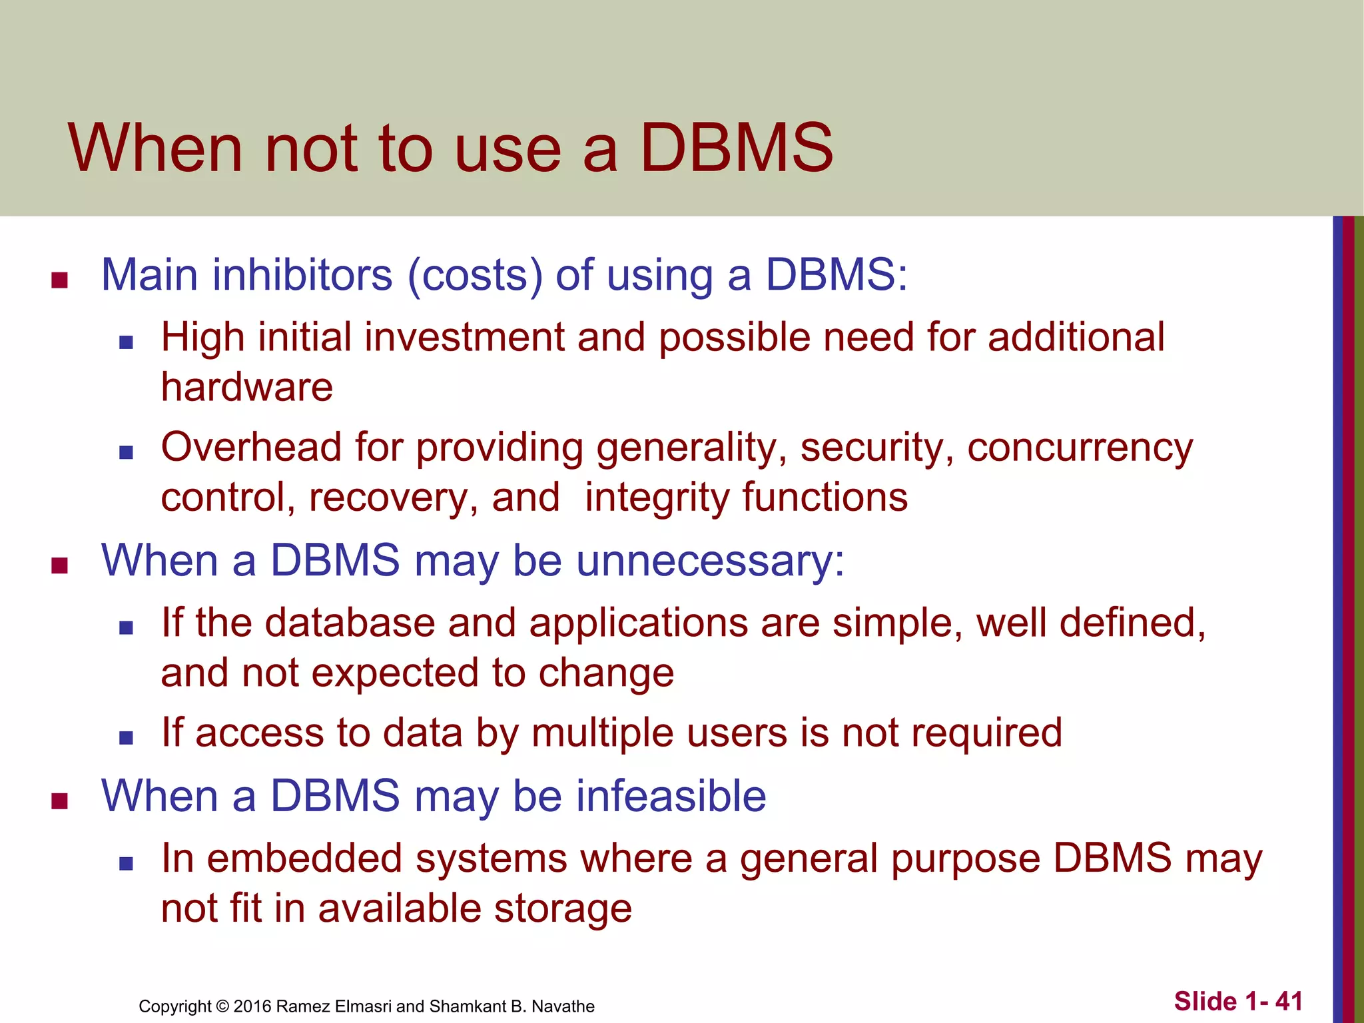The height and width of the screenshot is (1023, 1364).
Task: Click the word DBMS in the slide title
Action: (736, 148)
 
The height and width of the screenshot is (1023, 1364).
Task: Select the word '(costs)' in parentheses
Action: (475, 274)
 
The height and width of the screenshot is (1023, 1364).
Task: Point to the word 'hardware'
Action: (247, 388)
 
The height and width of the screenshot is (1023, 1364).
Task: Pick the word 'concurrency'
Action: (1080, 448)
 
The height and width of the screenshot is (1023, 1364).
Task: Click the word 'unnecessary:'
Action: (710, 561)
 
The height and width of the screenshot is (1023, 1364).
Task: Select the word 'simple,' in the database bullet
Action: (897, 624)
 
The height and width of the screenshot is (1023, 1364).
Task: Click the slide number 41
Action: (1289, 1001)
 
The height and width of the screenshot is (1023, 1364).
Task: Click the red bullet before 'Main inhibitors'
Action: (60, 280)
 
